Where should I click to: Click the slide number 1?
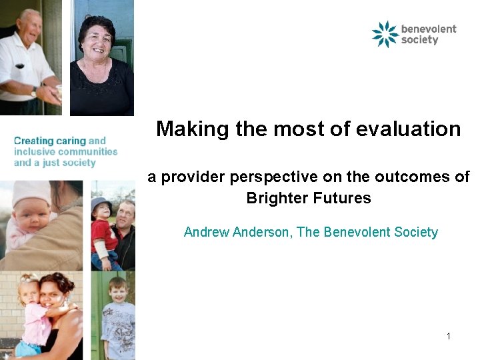coord(449,336)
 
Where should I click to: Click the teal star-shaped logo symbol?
coord(385,34)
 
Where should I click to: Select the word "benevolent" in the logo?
coord(429,29)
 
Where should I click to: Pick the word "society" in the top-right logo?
coord(420,40)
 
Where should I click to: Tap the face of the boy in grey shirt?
coord(119,294)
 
